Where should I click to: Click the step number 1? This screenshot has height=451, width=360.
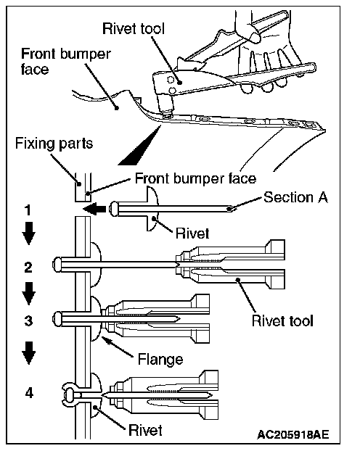28,210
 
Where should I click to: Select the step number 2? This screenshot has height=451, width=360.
28,268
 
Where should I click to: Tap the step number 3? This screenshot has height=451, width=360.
28,320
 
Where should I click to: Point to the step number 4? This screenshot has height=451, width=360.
29,392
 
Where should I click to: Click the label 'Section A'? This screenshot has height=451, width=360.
295,197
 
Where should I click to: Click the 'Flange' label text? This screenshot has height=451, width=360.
160,359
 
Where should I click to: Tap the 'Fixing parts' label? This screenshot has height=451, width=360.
54,144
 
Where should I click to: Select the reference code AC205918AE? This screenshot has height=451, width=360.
293,434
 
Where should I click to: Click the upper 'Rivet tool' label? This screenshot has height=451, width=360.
134,29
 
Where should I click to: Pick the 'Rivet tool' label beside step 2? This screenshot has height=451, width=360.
282,320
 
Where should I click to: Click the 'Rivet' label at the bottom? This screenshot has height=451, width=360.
145,430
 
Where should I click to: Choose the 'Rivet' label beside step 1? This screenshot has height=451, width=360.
192,233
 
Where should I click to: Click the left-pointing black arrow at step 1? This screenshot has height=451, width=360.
94,208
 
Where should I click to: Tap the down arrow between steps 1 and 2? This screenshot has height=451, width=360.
29,233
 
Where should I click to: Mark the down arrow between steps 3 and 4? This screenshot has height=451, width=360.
29,353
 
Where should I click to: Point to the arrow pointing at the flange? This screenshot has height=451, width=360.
118,347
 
